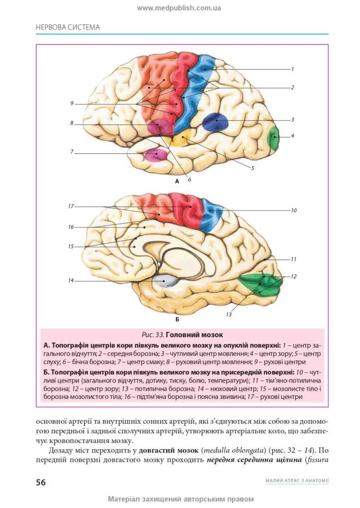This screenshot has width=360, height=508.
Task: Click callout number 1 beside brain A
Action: coord(292,69)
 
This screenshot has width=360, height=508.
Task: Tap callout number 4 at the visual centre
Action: coord(292,136)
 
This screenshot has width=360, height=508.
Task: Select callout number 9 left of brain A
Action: coord(72,103)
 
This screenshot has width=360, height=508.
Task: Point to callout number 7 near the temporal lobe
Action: coord(72,151)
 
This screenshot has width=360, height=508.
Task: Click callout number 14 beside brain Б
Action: coord(71,280)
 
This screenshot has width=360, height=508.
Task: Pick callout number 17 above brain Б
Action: coord(71,206)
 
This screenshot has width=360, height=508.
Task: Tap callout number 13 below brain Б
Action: coord(229,314)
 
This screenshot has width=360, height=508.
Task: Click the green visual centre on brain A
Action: coord(274,138)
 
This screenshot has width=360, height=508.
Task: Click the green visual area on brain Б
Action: coord(261,284)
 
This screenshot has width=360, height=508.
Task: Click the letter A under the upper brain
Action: coord(177,181)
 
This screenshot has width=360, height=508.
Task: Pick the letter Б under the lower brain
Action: coord(177,320)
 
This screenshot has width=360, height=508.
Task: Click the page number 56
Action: coord(41,482)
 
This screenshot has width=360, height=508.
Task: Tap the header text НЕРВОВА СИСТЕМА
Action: coord(68,27)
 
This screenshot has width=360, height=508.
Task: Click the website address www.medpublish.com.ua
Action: coord(179,8)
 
